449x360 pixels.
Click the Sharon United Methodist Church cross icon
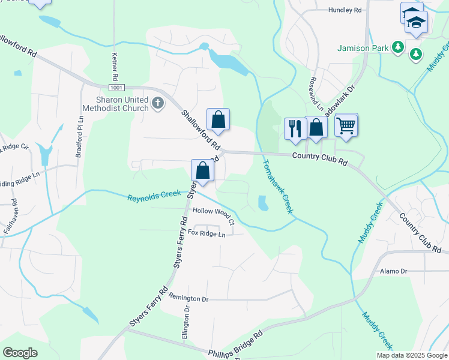[x=158, y=104]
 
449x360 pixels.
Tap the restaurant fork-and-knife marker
[x=295, y=128]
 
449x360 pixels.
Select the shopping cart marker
[x=346, y=126]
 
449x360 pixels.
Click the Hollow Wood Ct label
[x=212, y=213]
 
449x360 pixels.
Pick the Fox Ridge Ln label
[x=206, y=233]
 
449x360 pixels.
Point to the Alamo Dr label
[x=394, y=271]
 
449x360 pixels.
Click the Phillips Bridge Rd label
[x=235, y=344]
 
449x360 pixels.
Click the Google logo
[x=20, y=352]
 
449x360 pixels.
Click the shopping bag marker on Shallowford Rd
[x=218, y=120]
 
